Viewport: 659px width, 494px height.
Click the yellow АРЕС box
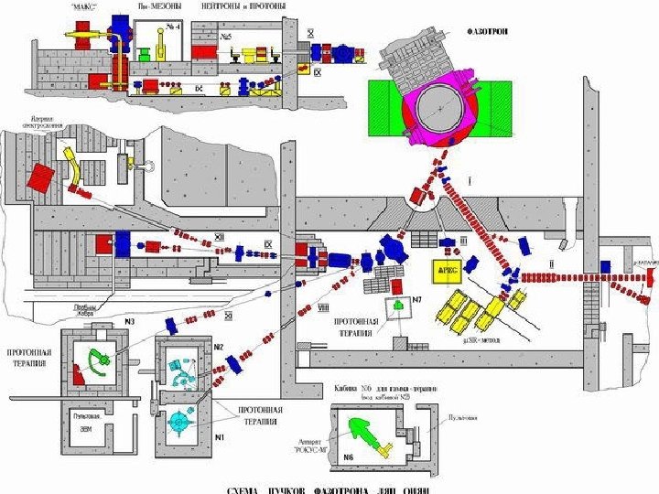(449, 273)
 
